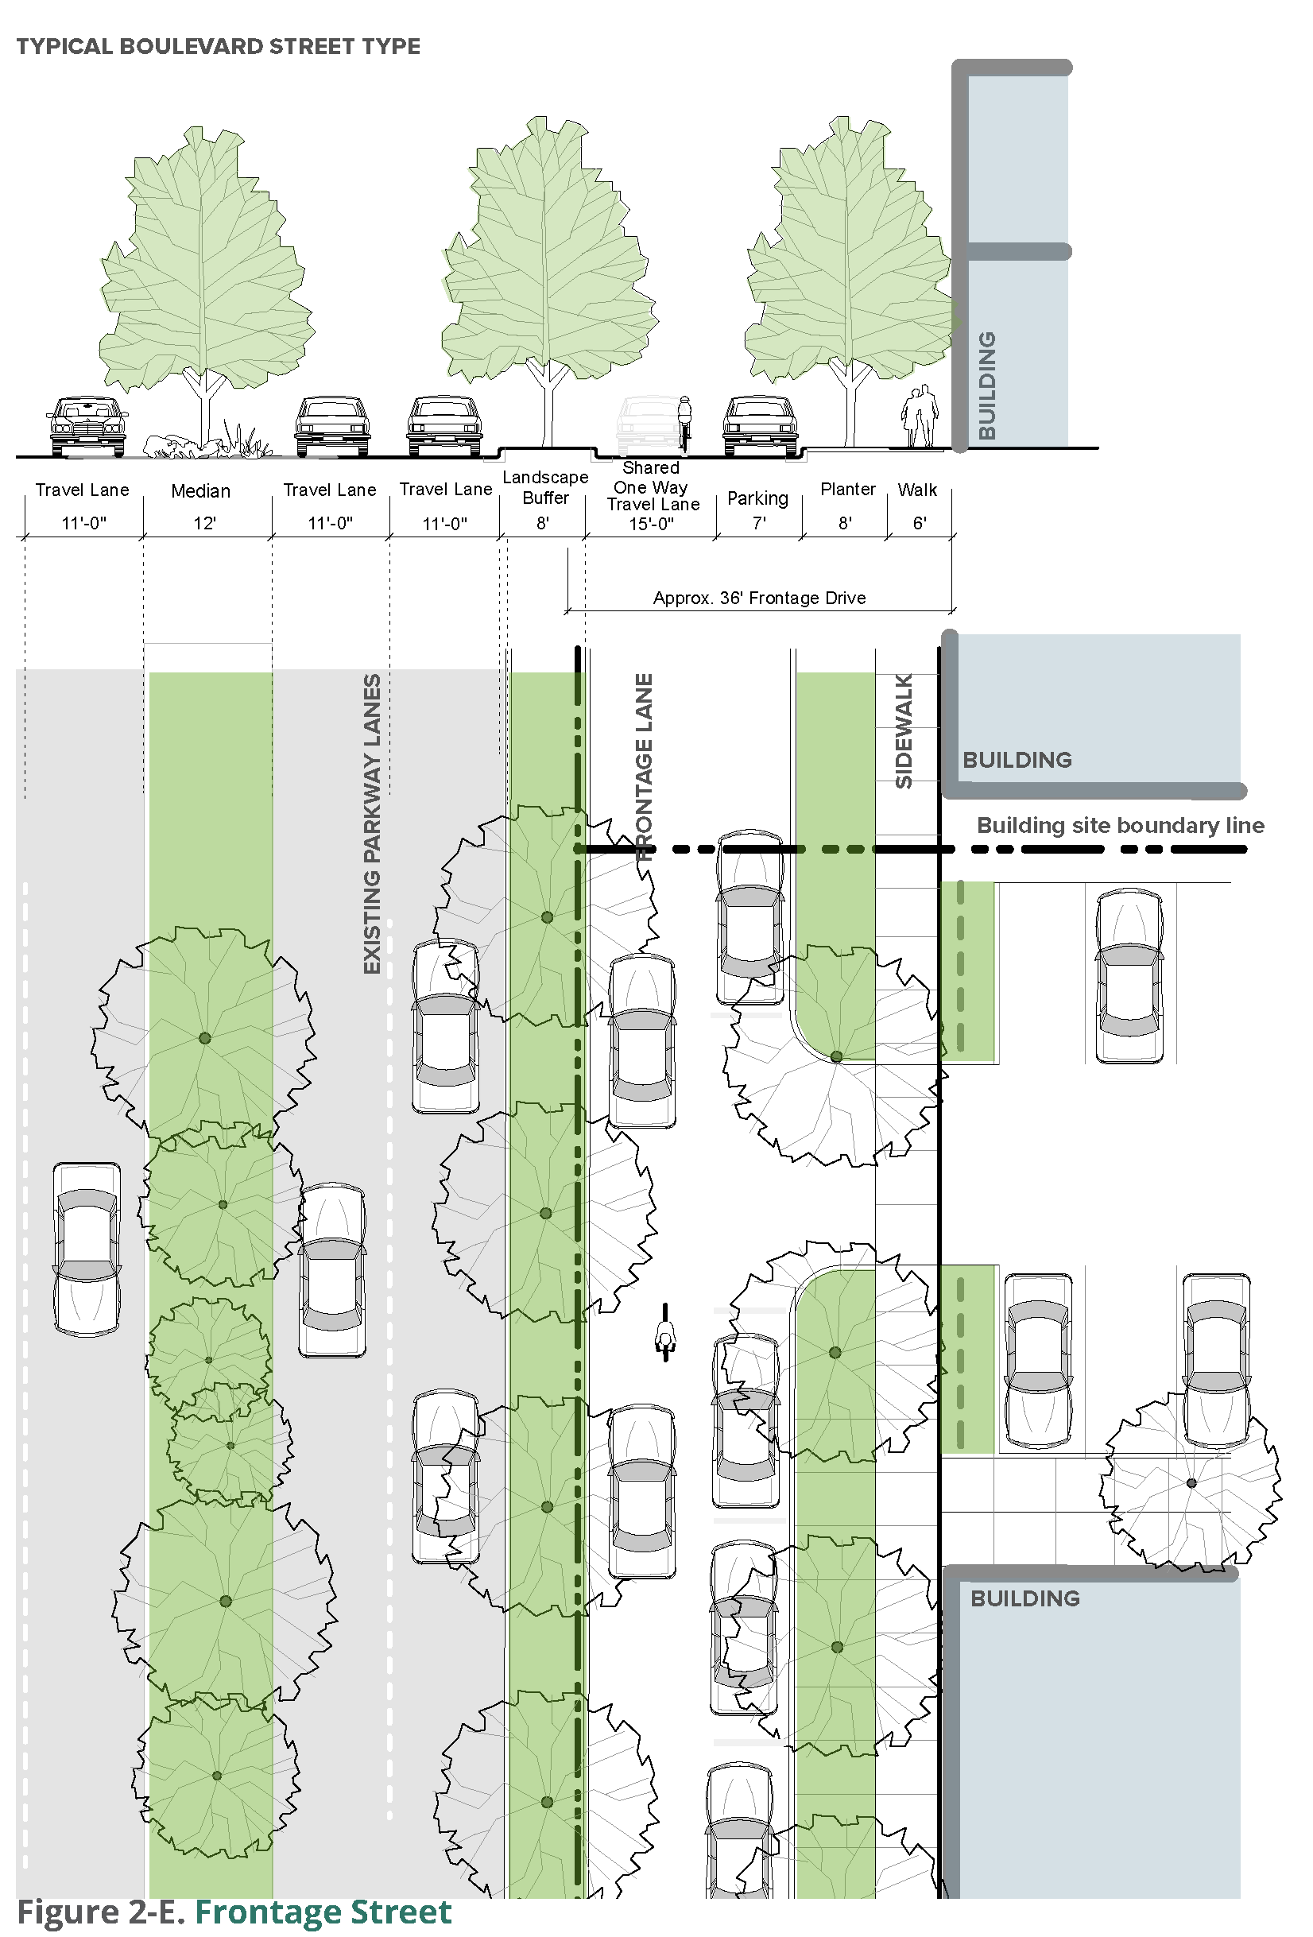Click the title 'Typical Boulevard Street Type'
(x=218, y=47)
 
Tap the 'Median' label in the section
(x=200, y=491)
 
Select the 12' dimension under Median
(x=204, y=524)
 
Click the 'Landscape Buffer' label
(x=545, y=487)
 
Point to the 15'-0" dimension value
(x=651, y=524)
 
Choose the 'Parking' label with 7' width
(x=757, y=498)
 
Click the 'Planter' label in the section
(x=847, y=490)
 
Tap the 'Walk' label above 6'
(x=917, y=490)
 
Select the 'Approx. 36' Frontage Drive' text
(x=758, y=598)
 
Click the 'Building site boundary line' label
(x=1120, y=825)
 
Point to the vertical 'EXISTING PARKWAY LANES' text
(x=372, y=823)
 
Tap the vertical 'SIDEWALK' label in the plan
(x=904, y=731)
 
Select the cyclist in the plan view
(x=665, y=1332)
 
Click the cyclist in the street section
(x=684, y=421)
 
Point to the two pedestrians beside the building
(x=920, y=416)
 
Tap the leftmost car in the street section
(x=87, y=426)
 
